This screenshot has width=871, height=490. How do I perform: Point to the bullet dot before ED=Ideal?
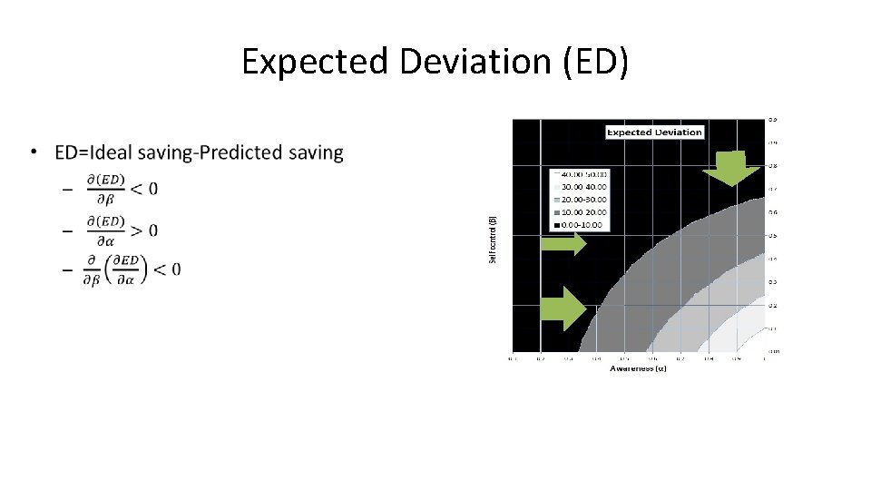click(x=34, y=152)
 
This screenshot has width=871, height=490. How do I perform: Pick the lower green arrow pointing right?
click(x=563, y=309)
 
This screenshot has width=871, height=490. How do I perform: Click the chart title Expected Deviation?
click(x=654, y=132)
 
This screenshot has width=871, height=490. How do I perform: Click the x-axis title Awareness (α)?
click(x=638, y=368)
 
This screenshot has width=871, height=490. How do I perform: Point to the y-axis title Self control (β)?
click(x=493, y=240)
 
